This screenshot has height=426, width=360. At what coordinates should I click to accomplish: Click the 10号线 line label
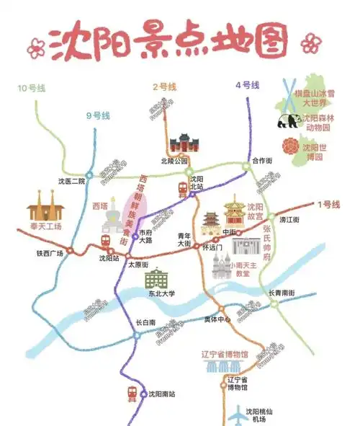(x=32, y=88)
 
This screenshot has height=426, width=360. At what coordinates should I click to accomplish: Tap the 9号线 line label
(x=98, y=115)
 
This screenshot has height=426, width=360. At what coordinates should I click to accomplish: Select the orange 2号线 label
(x=165, y=86)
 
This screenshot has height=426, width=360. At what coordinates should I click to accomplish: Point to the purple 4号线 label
(x=247, y=86)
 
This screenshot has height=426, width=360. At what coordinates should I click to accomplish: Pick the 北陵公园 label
(x=175, y=160)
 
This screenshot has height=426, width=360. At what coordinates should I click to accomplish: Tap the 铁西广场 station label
(x=50, y=253)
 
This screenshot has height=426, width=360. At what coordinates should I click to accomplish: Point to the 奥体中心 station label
(x=217, y=318)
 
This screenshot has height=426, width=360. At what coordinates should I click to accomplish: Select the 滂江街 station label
(x=289, y=219)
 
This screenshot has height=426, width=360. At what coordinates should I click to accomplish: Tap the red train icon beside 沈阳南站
(x=132, y=394)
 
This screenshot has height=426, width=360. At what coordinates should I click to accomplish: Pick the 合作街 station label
(x=263, y=160)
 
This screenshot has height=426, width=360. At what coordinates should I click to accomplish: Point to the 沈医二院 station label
(x=71, y=181)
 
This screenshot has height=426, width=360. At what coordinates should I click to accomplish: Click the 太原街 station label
(x=138, y=265)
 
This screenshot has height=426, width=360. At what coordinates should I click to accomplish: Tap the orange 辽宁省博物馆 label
(x=225, y=354)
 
